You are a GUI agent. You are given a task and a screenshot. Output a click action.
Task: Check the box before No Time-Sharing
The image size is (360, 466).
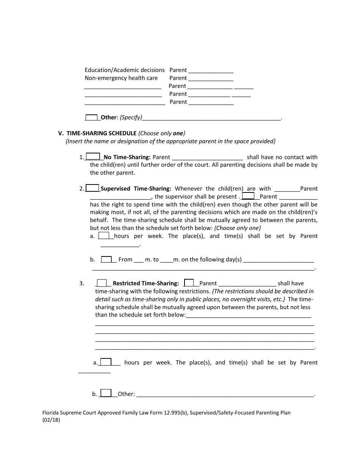pos(93,156)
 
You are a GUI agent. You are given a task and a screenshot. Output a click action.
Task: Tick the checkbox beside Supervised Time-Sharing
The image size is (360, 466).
pos(93,188)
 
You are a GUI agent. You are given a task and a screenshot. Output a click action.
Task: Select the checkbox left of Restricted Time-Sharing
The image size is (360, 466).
pos(102,283)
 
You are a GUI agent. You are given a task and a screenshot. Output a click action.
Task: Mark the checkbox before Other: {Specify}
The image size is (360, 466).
pos(92,117)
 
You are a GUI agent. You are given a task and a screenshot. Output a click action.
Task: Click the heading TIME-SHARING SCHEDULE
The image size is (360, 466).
pos(102,133)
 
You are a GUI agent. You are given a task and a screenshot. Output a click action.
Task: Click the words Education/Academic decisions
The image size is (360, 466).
pos(125,70)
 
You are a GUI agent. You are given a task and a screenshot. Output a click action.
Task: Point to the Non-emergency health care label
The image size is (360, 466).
pos(121,78)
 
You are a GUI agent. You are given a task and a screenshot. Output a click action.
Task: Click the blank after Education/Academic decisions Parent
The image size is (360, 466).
pos(211,71)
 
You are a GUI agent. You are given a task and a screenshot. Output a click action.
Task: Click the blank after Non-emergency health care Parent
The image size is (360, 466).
pos(211,79)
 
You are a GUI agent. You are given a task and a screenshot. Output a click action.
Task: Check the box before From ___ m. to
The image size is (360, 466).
pos(106,259)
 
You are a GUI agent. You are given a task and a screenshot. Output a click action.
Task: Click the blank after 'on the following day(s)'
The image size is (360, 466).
pos(279,260)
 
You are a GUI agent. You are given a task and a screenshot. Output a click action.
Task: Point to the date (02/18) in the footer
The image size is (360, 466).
pos(51,420)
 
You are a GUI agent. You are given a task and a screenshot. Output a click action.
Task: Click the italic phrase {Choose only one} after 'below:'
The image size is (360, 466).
pos(238,228)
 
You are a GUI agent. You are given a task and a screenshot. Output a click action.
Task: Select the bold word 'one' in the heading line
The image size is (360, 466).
pos(178,133)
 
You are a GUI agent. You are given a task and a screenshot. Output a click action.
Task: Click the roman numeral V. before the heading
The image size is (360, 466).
pos(60,133)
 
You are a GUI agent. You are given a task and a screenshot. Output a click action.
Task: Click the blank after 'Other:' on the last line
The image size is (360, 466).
pos(225,395)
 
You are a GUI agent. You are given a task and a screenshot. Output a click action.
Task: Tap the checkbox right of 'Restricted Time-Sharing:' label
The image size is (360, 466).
pos(189,283)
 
